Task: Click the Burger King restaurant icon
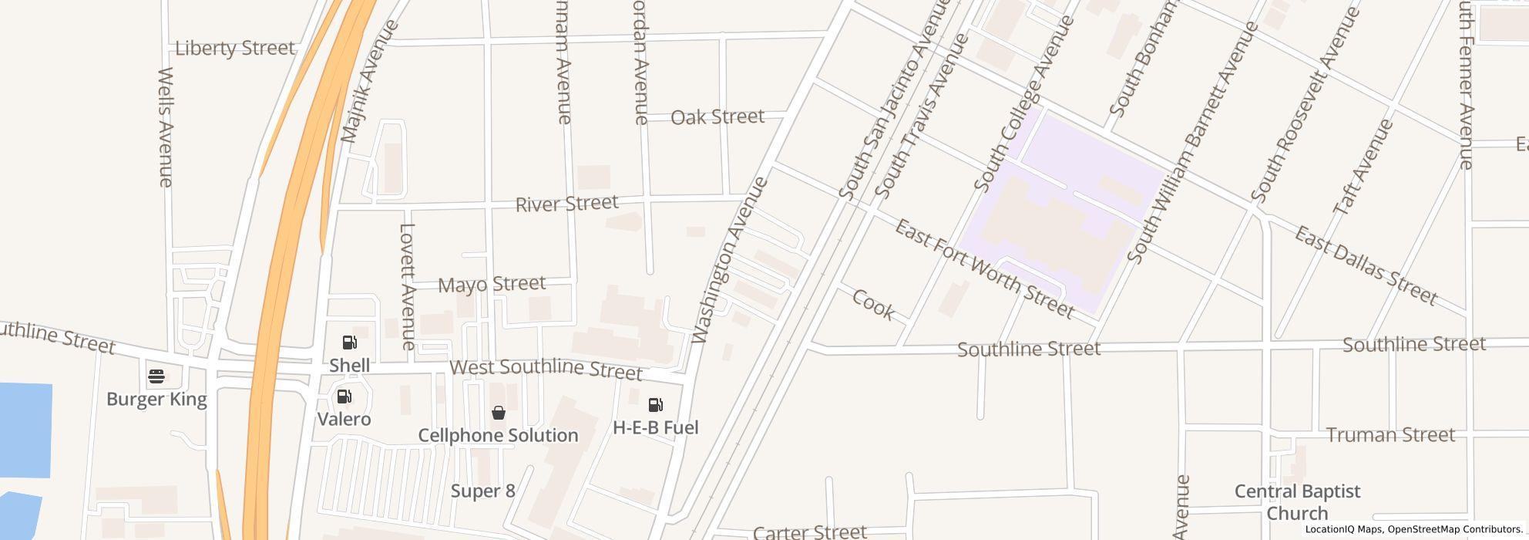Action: [156, 376]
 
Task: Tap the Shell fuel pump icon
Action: [350, 343]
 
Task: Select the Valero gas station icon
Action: [344, 397]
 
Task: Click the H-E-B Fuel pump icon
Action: [656, 405]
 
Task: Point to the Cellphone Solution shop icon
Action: [499, 413]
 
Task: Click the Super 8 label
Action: [482, 491]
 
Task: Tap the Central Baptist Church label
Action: [1297, 502]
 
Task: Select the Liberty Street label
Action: [235, 48]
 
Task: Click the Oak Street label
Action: [717, 116]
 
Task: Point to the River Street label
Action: [566, 204]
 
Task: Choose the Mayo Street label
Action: [492, 284]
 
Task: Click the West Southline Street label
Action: [546, 368]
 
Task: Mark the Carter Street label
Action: [809, 532]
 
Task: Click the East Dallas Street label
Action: [1365, 265]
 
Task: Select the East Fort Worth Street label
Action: [984, 268]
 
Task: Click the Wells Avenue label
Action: [165, 127]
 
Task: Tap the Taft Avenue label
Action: [1363, 167]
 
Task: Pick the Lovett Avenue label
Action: [408, 287]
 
